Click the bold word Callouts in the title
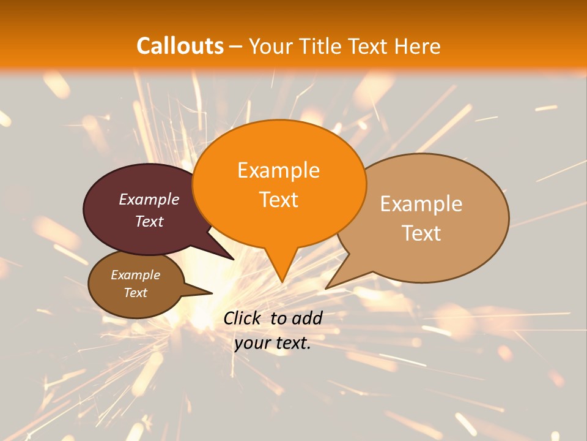pos(180,46)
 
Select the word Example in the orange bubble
pos(278,170)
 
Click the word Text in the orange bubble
pos(278,200)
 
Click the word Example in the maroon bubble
pos(149,200)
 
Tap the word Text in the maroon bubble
pos(149,221)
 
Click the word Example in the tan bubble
pos(421,204)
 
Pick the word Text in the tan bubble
pos(421,233)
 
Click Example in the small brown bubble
pos(135,275)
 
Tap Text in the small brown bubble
pos(135,293)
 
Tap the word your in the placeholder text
pos(253,343)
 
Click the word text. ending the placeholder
pos(293,343)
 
